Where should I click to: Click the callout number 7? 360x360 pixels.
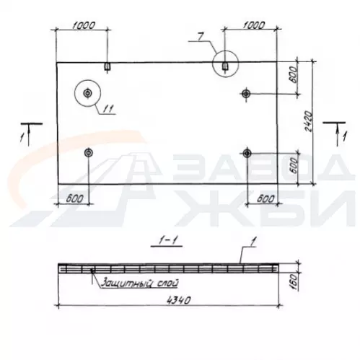point(201,37)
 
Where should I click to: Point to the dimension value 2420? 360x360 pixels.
point(308,121)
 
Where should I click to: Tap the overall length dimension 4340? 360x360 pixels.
point(179,300)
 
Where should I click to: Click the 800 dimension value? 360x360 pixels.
point(294,74)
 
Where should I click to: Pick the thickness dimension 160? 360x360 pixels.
point(294,282)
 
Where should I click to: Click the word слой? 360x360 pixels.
point(167,283)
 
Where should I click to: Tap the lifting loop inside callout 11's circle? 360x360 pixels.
point(87,93)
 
